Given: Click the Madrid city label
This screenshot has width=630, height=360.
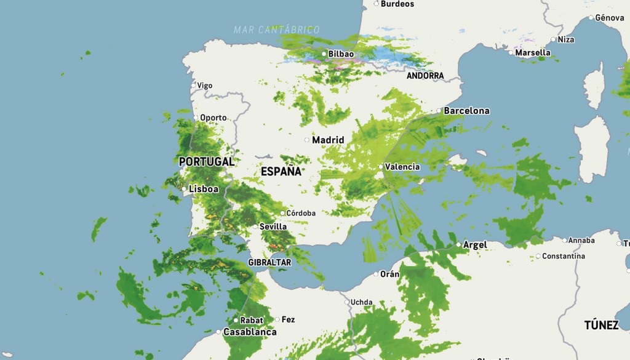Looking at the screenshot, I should click(x=328, y=140).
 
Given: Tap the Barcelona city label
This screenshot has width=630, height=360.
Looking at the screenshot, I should click(x=466, y=111).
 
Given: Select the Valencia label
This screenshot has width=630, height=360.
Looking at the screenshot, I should click(x=402, y=167).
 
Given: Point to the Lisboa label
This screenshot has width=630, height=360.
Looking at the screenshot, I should click(x=204, y=189).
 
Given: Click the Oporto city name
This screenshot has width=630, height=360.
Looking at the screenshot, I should click(x=213, y=118).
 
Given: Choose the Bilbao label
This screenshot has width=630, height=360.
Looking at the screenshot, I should click(x=341, y=54).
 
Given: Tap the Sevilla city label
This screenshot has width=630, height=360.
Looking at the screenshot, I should click(x=273, y=226).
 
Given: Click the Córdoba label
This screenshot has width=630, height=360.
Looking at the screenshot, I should click(x=301, y=213).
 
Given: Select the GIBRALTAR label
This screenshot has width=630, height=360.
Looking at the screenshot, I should click(x=269, y=262).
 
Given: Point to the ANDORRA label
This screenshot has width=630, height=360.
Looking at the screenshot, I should click(x=425, y=76).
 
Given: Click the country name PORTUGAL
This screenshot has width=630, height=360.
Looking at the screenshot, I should click(x=206, y=162).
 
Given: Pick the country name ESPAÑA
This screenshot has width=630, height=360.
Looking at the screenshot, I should click(x=281, y=172).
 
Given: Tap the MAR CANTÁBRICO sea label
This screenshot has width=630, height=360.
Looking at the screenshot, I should click(x=277, y=30).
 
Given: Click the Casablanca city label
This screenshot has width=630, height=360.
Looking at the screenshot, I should click(x=250, y=332).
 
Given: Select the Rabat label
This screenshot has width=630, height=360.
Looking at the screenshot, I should click(x=252, y=320).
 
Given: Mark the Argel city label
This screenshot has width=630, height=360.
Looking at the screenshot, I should click(x=475, y=245).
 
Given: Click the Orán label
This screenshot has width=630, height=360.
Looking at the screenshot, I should click(x=390, y=274).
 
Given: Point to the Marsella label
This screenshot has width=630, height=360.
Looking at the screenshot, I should click(x=533, y=52).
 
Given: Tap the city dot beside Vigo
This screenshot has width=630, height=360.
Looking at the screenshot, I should click(x=194, y=86).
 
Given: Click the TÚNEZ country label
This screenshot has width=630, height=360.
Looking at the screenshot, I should click(x=601, y=325).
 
